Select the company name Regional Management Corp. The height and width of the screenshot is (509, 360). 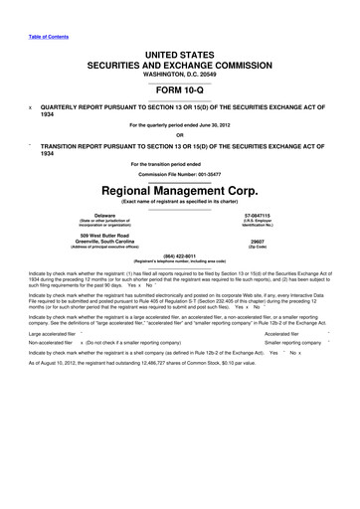179,185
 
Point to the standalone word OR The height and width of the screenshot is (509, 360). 179,135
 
